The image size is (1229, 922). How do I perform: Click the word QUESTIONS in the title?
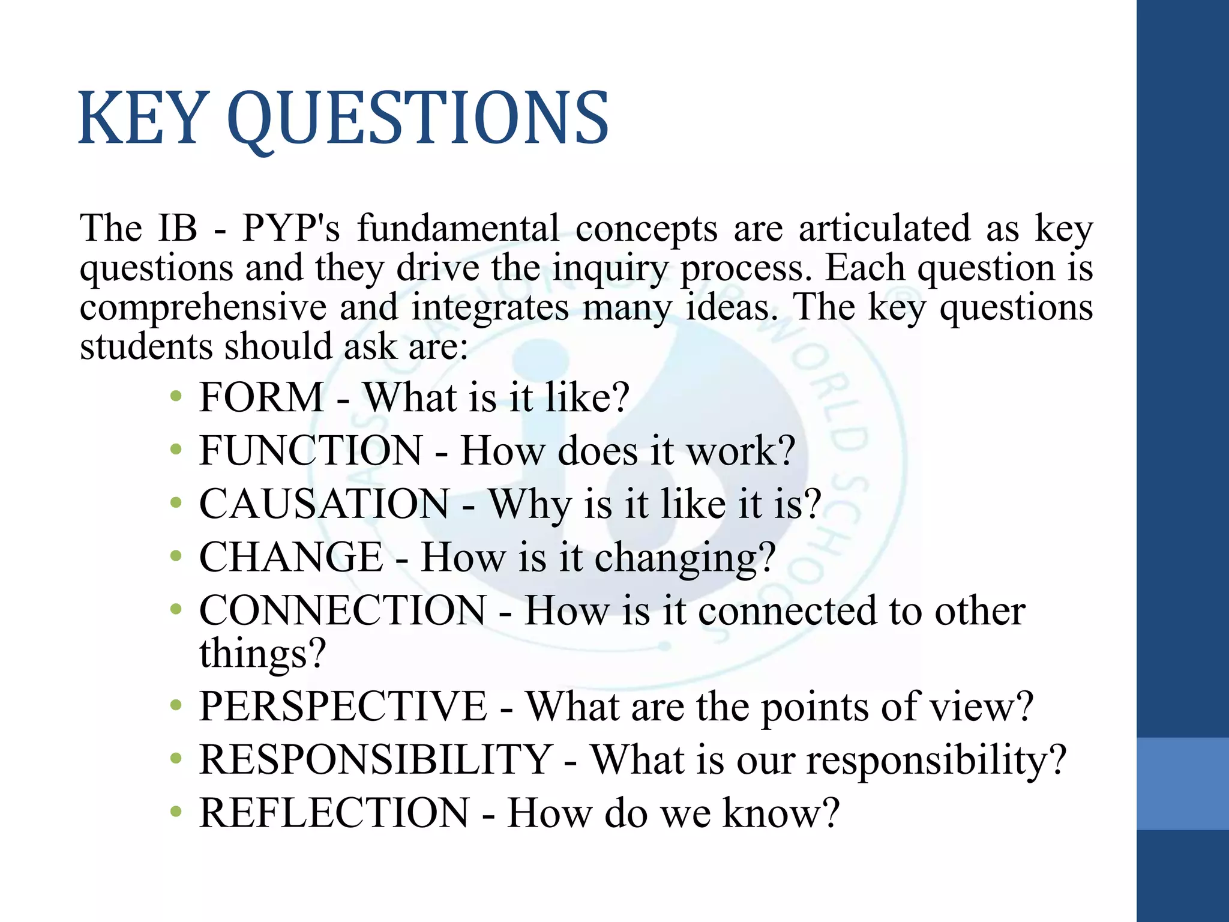pos(418,119)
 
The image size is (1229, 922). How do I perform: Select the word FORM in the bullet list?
pos(261,397)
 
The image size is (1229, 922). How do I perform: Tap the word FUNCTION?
pos(311,450)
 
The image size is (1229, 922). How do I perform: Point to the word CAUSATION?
pos(324,504)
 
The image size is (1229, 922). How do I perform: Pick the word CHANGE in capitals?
pos(291,557)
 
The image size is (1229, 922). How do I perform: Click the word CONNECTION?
pos(343,610)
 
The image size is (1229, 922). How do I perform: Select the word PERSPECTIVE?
pos(343,706)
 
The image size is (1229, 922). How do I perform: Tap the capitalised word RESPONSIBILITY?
pos(376,759)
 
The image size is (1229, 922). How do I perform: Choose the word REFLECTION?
pos(334,813)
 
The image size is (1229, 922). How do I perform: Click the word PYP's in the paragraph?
pos(291,229)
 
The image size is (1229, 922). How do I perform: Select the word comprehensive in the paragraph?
pos(203,308)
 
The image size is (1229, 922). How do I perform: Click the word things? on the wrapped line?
pos(263,652)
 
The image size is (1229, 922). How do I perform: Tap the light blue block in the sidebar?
pos(1182,783)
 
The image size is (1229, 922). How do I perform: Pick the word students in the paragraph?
pos(146,347)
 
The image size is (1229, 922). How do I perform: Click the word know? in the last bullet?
pos(781,813)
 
